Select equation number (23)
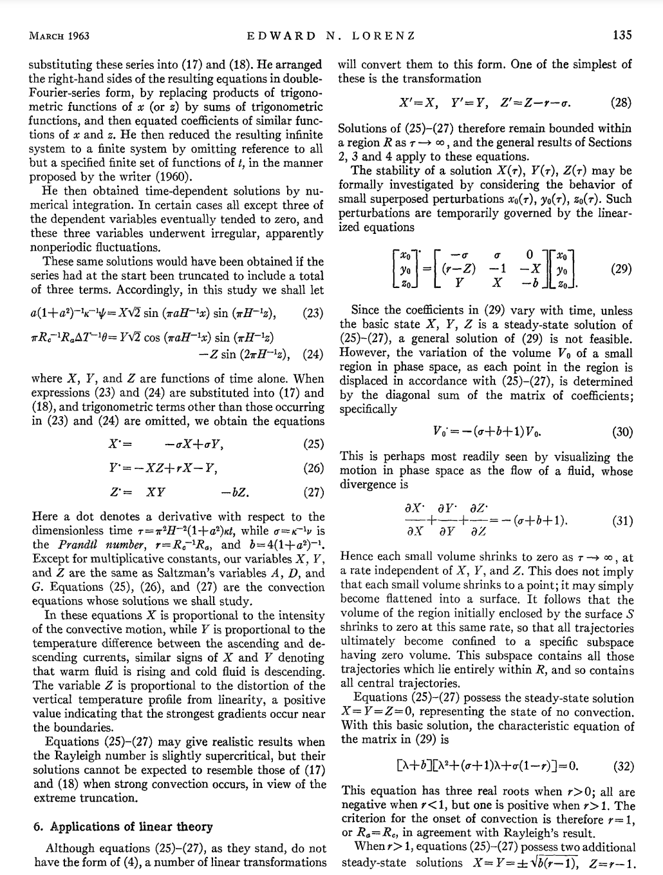(312, 314)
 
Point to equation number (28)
(620, 102)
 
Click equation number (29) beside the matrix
(621, 269)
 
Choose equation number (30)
(621, 432)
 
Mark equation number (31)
(621, 520)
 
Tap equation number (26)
(312, 468)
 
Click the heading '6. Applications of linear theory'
(122, 827)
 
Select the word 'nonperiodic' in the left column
(62, 247)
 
